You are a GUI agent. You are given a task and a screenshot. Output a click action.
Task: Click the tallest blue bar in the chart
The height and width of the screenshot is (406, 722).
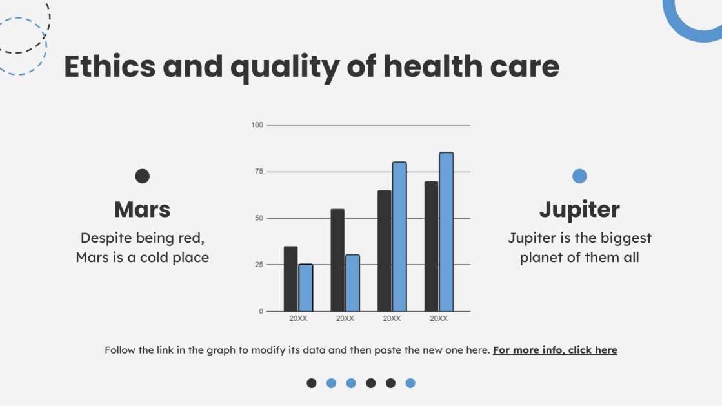coord(446,232)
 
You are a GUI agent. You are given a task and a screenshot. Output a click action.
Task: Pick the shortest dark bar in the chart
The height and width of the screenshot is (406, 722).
coord(290,279)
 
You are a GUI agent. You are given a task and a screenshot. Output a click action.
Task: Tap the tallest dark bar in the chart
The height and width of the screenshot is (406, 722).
coord(431,246)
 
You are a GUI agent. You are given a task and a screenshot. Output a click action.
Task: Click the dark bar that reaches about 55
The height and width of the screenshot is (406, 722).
coord(337,260)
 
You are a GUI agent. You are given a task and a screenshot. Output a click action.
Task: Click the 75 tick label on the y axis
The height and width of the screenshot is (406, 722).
coord(259,172)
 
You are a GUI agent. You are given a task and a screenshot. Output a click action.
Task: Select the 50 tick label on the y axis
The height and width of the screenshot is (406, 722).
coord(259,218)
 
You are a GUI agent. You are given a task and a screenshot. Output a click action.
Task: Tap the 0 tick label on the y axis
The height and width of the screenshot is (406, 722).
coord(261,311)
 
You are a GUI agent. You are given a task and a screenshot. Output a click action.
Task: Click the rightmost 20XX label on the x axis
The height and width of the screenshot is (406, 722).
coord(439,319)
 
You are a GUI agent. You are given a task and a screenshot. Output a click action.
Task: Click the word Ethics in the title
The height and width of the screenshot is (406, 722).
coord(110,67)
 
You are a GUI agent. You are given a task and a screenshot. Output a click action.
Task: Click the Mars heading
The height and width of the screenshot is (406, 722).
coord(142,209)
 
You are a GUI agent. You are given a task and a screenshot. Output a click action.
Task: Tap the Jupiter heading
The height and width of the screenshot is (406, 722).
coord(579,209)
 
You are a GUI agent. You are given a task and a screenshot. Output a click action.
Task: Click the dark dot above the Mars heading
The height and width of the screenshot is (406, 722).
coord(142,176)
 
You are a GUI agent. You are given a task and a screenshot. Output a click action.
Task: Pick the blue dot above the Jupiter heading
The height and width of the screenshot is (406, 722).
coord(579,176)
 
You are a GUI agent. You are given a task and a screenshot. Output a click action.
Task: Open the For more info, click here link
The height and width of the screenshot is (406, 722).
coord(555,350)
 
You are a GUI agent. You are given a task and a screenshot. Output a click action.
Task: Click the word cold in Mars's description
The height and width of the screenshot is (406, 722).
coord(156,258)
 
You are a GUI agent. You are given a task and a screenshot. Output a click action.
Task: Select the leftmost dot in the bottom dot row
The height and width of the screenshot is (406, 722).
coord(312,383)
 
